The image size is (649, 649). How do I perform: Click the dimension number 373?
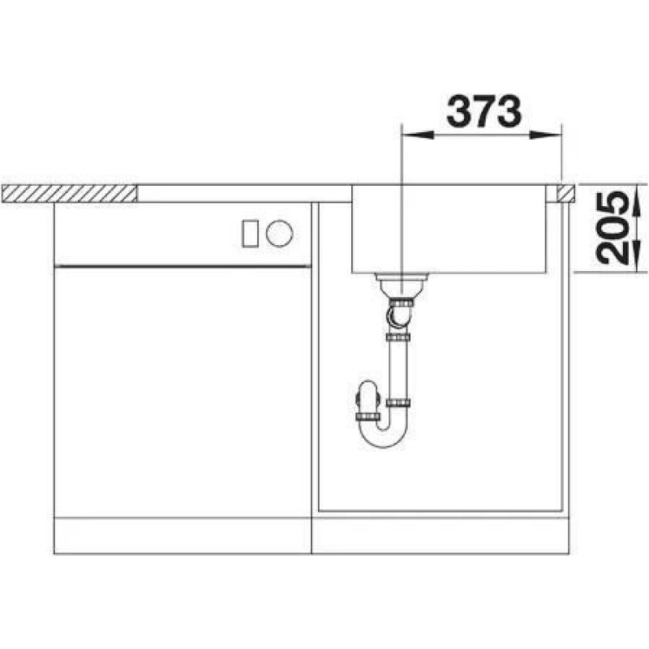[x=484, y=111]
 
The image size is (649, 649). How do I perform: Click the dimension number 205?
[x=612, y=228]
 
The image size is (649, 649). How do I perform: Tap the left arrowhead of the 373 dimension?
[x=418, y=135]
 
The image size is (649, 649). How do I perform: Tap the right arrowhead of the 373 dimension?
[x=546, y=135]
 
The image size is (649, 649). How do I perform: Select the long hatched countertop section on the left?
[x=70, y=194]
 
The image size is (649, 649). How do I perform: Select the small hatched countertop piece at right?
[x=565, y=193]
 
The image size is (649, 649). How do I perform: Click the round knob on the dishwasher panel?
[x=279, y=233]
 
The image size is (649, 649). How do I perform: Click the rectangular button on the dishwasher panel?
[x=251, y=234]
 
